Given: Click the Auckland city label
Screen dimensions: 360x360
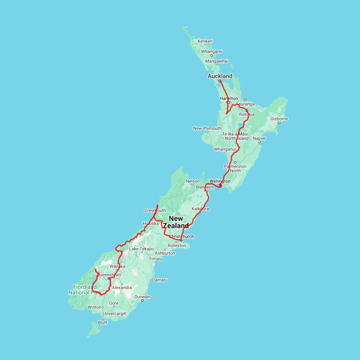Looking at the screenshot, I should [x=220, y=76].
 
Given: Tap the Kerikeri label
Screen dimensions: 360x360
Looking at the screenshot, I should [x=205, y=41].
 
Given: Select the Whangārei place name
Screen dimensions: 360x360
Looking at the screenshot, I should [x=212, y=52].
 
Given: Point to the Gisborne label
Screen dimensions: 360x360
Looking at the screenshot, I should [x=279, y=119].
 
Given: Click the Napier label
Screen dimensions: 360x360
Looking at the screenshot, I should [x=259, y=138].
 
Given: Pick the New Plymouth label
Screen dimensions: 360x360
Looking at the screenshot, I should [x=207, y=128].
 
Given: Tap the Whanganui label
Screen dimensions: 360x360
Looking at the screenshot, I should [x=225, y=149].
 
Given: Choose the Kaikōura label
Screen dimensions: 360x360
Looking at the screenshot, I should [x=200, y=209].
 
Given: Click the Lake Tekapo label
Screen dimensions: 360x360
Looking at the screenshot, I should [x=141, y=249].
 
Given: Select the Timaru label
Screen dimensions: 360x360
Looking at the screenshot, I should [x=156, y=259].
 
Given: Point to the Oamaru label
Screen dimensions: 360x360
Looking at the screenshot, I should [x=160, y=280].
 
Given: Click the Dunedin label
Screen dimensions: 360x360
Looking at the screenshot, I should [x=142, y=297].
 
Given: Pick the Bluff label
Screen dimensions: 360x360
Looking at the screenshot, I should [x=103, y=323].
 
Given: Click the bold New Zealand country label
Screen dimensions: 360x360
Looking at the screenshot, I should [x=176, y=222].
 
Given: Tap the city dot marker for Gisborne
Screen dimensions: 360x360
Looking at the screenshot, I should [x=279, y=123].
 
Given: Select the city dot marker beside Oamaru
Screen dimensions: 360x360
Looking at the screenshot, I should [x=151, y=280].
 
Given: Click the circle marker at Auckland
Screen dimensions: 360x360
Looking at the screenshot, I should [x=220, y=81].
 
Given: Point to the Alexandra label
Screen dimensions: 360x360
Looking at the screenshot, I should [x=122, y=288].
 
